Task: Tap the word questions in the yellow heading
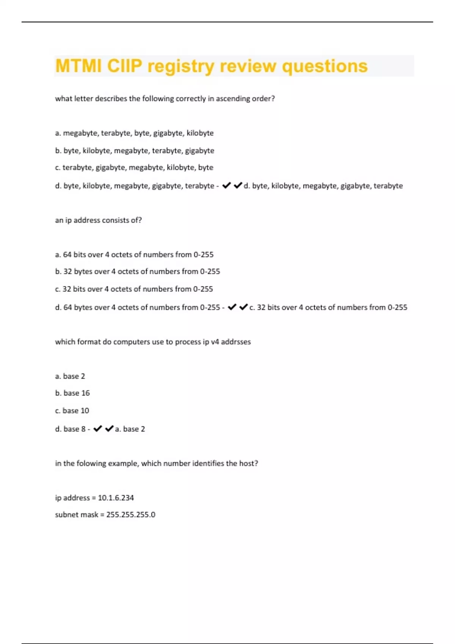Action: (325, 66)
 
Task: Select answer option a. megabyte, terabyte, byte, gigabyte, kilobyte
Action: (134, 133)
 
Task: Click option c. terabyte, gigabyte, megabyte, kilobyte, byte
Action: (134, 167)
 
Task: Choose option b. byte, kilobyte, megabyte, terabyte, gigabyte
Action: (135, 150)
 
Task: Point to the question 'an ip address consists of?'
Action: (98, 220)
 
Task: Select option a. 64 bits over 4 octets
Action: (134, 255)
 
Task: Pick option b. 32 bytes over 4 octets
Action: (137, 272)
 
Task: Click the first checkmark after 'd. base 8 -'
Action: (97, 428)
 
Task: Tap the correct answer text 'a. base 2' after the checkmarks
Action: (130, 429)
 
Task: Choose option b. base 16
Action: (72, 393)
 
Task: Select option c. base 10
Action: (72, 411)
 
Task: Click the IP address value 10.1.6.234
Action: (116, 498)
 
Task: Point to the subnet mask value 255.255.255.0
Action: (130, 515)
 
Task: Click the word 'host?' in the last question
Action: (248, 463)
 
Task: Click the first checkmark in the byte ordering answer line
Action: (226, 185)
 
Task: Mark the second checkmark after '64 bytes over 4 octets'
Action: (243, 307)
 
